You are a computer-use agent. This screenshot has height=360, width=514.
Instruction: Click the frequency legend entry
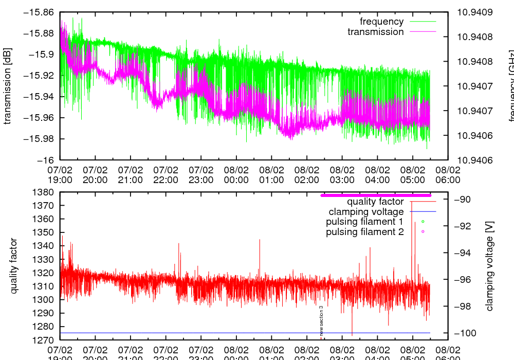(382, 22)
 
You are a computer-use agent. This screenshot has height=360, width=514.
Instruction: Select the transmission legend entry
(376, 32)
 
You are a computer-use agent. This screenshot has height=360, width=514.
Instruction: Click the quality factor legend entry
(375, 202)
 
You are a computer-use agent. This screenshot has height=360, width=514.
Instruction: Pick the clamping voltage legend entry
(366, 211)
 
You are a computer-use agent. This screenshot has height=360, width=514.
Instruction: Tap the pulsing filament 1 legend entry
(365, 222)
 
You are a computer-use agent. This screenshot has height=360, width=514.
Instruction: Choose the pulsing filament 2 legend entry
(365, 232)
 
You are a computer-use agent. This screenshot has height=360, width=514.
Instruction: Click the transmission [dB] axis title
(7, 85)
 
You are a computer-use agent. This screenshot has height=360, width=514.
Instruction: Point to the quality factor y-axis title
(13, 266)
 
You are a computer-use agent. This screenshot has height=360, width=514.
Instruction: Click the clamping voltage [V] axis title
(489, 266)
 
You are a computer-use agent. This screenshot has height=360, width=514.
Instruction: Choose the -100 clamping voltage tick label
(465, 333)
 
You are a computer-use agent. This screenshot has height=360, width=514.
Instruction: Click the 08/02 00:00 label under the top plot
(236, 175)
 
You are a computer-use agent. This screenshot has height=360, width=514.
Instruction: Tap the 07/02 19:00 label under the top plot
(60, 175)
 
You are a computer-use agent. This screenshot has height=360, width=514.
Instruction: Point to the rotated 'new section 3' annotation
(321, 320)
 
